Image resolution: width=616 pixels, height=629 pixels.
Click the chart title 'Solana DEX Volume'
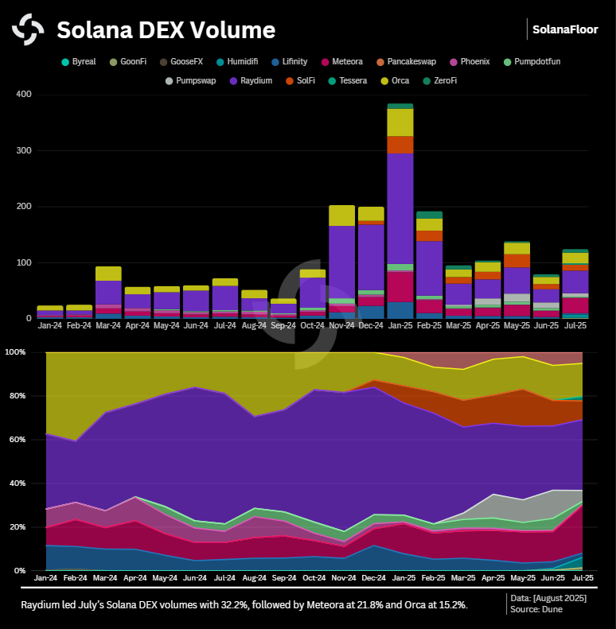166,30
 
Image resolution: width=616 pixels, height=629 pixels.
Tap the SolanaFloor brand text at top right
565,29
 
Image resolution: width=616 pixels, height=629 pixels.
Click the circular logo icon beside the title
28,30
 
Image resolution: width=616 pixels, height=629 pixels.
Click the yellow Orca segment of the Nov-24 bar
341,215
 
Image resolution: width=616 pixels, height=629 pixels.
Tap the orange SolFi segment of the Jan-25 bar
400,145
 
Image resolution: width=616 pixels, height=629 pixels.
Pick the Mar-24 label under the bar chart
108,325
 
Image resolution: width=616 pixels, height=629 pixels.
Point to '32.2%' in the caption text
234,605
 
